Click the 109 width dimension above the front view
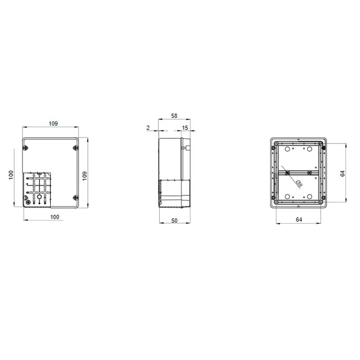[x=53, y=123]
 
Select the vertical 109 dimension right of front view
[x=85, y=176]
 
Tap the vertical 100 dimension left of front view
[x=11, y=175]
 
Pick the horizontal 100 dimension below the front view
[x=54, y=217]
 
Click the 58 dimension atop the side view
[x=174, y=116]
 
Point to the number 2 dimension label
[x=148, y=128]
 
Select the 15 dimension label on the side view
[x=185, y=128]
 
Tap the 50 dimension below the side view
[x=174, y=220]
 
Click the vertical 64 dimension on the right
[x=342, y=174]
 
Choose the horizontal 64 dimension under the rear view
[x=299, y=220]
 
